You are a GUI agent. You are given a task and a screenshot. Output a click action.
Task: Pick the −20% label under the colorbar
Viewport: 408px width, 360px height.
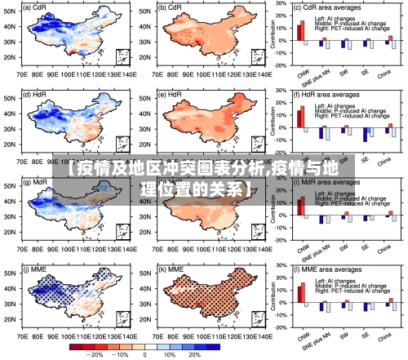click(x=95, y=355)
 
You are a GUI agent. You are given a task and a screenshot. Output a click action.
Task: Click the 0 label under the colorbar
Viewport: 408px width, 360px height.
click(x=144, y=355)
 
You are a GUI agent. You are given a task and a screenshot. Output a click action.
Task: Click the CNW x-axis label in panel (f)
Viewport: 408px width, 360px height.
click(x=303, y=159)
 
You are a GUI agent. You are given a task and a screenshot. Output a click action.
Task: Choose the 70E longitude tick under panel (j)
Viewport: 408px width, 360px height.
click(x=22, y=336)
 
